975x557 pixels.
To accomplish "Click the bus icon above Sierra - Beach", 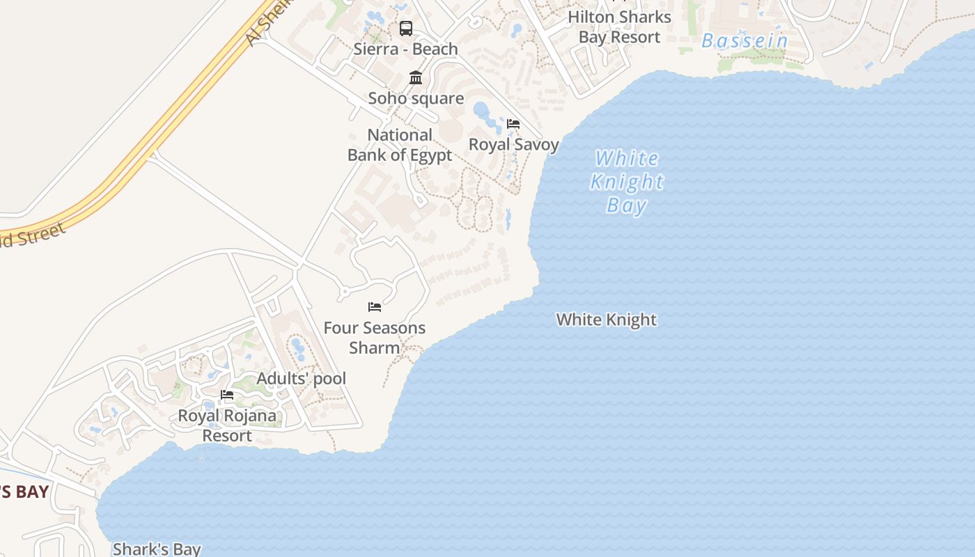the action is point(405,29).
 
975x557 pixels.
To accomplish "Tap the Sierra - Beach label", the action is point(405,49).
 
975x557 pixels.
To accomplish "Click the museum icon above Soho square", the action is point(416,77).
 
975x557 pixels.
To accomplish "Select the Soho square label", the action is point(416,98).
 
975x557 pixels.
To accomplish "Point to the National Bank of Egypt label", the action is point(400,145).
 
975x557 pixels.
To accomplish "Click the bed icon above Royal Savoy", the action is point(513,124).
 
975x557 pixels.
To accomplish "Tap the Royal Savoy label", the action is point(513,144).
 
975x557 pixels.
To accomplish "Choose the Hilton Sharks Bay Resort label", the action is point(619,26).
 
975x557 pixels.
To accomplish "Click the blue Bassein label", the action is point(744,41).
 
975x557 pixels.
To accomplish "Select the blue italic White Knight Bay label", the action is point(627,182).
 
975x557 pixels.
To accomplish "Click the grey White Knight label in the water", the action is point(606,320).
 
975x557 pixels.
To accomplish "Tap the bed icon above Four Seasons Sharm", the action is point(375,307).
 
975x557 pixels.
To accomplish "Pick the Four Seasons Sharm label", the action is point(375,337).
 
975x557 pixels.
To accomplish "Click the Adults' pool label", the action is point(301,379).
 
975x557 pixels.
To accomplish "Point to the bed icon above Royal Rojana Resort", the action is point(227,395).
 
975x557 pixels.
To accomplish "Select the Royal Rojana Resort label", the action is point(227,425).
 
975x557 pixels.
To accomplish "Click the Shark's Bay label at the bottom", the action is point(157,549).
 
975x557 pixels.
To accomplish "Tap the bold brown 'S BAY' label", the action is point(24,492).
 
